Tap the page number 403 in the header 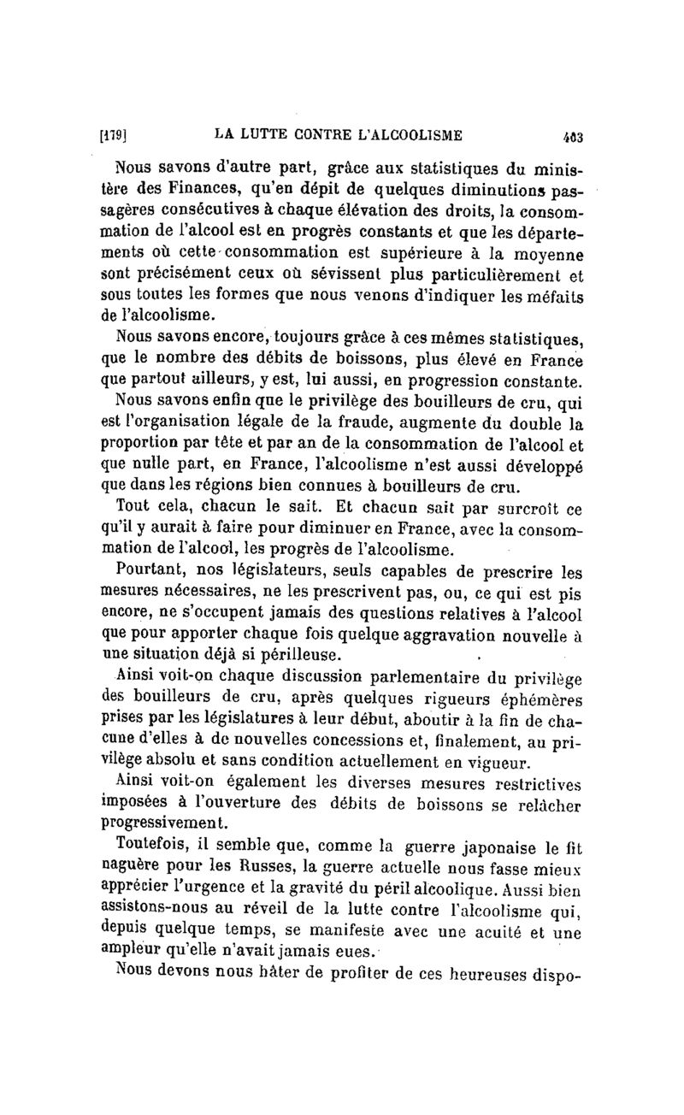[x=569, y=135]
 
